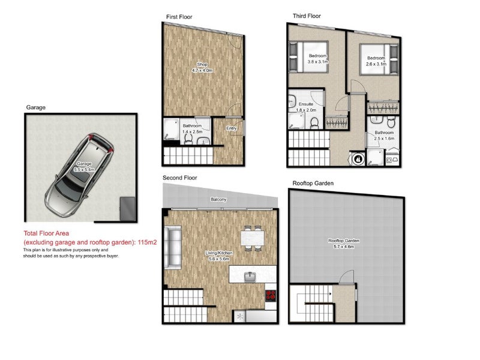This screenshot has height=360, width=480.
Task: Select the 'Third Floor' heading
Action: click(x=307, y=16)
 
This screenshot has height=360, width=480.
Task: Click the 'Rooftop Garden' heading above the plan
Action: click(x=313, y=183)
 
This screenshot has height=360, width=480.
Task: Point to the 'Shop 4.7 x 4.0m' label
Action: click(x=203, y=67)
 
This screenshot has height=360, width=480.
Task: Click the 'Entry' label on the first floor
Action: click(x=231, y=128)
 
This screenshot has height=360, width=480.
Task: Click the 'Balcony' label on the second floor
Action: click(x=218, y=199)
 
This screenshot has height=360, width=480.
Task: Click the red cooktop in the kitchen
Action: click(x=271, y=296)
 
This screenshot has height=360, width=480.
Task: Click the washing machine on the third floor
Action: click(x=359, y=160)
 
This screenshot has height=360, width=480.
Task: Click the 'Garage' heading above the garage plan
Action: click(x=35, y=107)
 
